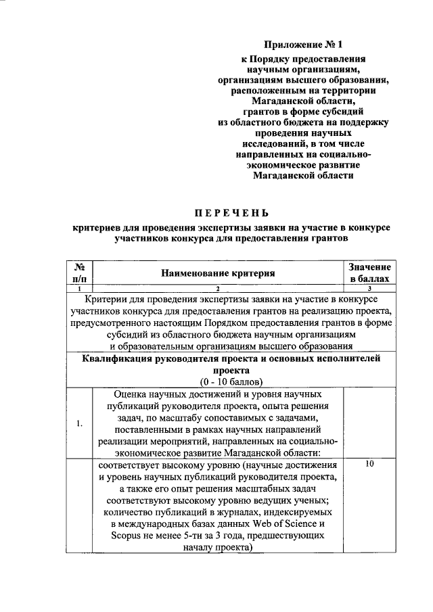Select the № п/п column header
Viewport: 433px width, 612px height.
[79, 273]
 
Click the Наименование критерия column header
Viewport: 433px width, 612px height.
[219, 273]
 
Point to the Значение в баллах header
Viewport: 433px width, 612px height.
[369, 273]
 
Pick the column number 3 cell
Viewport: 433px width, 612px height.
[370, 288]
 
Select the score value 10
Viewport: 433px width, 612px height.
[369, 465]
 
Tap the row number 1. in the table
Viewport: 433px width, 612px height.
[79, 424]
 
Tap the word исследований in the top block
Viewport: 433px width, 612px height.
[269, 143]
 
